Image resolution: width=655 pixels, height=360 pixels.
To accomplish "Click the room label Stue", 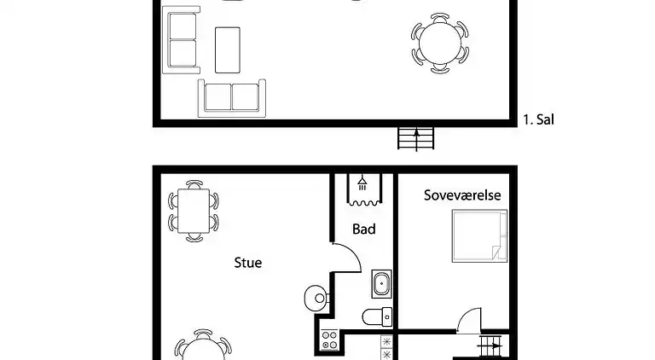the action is pyautogui.click(x=247, y=263).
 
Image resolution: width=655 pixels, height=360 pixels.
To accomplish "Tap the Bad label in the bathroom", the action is pyautogui.click(x=364, y=229).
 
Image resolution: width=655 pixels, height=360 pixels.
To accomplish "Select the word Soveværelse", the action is pyautogui.click(x=462, y=195).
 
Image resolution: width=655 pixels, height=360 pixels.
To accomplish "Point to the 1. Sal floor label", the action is pyautogui.click(x=538, y=119).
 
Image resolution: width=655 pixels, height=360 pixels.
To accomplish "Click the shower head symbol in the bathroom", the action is pyautogui.click(x=362, y=183).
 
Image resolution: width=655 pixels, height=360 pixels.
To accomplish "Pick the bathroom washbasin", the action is pyautogui.click(x=381, y=284).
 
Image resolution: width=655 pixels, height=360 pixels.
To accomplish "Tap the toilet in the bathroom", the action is pyautogui.click(x=377, y=317).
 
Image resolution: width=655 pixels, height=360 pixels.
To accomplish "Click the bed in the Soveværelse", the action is pyautogui.click(x=479, y=236).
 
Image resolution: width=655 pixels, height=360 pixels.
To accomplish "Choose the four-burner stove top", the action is pyautogui.click(x=329, y=340).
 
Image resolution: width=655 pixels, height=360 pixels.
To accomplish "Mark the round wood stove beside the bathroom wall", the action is pyautogui.click(x=316, y=299).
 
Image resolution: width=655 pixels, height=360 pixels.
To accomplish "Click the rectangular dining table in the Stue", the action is pyautogui.click(x=194, y=211).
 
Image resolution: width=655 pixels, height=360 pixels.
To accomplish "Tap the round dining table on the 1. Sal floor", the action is pyautogui.click(x=440, y=44).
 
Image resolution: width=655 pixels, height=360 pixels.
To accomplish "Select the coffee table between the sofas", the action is pyautogui.click(x=228, y=50).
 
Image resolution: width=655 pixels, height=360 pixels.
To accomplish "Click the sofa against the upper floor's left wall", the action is pyautogui.click(x=182, y=40).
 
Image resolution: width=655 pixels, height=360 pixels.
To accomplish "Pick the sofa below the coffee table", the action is pyautogui.click(x=232, y=99).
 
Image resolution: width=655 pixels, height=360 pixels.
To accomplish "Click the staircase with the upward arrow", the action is pyautogui.click(x=415, y=139).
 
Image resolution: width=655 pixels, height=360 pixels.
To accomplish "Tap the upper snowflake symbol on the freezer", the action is pyautogui.click(x=386, y=341).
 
